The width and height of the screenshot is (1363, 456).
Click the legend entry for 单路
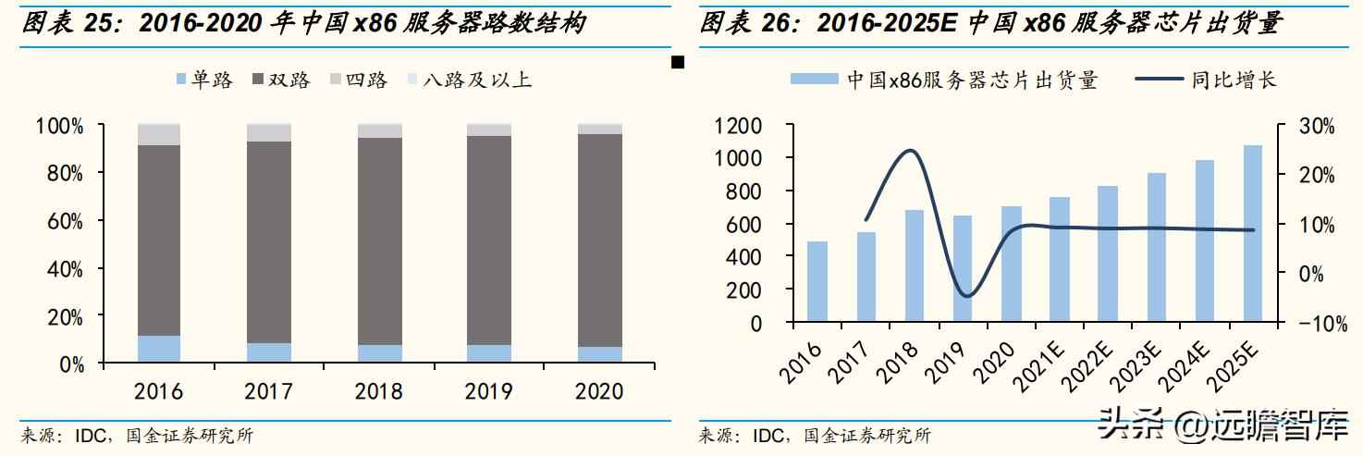point(203,80)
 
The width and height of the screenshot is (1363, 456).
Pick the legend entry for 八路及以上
point(468,80)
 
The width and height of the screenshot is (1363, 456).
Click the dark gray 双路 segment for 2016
point(159,240)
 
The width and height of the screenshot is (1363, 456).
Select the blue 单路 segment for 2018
point(379,353)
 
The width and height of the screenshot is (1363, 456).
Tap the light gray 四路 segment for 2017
point(269,133)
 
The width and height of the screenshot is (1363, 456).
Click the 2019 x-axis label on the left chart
point(489,391)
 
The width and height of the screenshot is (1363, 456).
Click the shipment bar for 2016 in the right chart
point(817,282)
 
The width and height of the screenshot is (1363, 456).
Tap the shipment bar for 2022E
point(1107,254)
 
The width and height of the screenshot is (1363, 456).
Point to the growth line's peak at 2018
point(911,151)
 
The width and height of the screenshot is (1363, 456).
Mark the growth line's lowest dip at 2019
point(965,296)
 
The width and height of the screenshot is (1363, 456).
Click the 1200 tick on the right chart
point(738,125)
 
